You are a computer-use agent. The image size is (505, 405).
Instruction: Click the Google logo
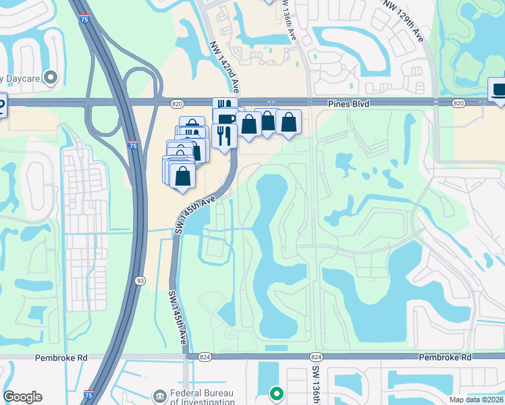[22, 397]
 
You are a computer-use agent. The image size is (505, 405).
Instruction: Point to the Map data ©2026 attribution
[477, 400]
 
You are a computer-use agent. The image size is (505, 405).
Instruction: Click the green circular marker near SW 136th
[275, 392]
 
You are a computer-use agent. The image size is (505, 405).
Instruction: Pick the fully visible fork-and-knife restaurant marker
[223, 136]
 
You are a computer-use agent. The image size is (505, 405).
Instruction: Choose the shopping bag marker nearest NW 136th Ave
[288, 124]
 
